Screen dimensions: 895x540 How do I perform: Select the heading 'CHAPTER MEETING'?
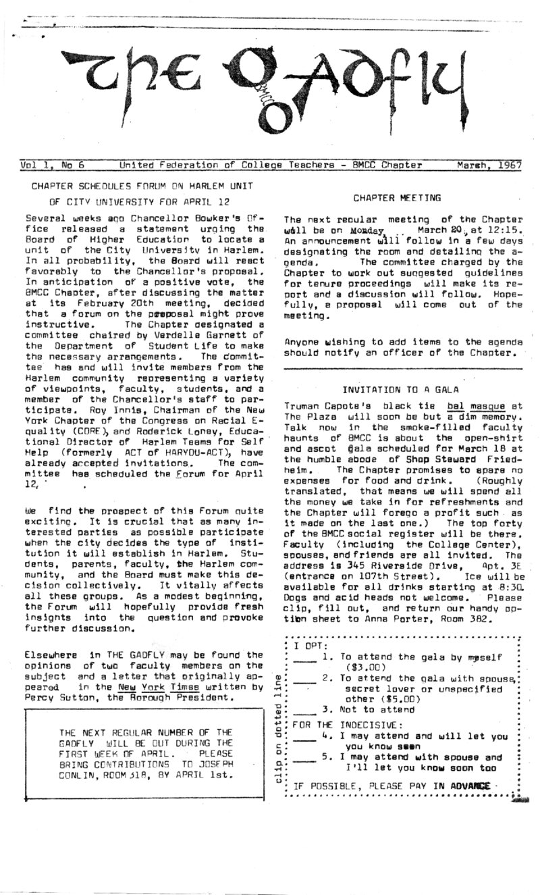click(x=397, y=198)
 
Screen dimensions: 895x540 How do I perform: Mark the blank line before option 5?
click(x=306, y=758)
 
